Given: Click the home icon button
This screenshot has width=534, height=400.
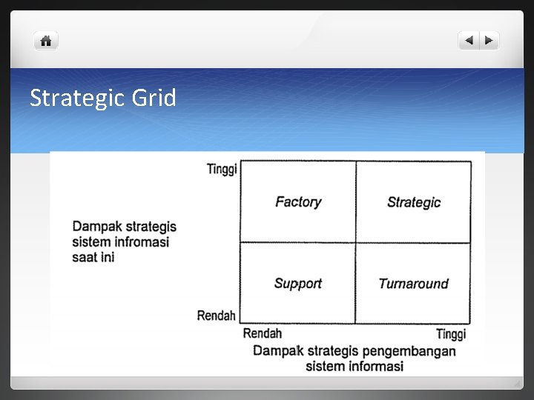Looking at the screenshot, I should tap(45, 41).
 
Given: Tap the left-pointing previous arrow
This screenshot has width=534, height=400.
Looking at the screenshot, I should tap(469, 41).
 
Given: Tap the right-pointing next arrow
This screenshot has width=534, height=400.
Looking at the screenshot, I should tap(489, 41).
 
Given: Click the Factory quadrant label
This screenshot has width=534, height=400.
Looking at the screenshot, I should tap(298, 201).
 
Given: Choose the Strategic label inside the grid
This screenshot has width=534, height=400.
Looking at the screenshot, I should tap(414, 202).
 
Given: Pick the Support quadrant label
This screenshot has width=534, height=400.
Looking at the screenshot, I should tap(298, 283).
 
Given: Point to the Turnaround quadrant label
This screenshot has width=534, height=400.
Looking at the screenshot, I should tap(414, 283).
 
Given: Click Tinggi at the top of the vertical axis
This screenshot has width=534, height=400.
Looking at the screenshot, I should tap(222, 170).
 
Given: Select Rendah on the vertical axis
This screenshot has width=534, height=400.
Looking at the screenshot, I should tap(216, 316).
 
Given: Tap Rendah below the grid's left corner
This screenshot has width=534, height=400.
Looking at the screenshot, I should tap(263, 334).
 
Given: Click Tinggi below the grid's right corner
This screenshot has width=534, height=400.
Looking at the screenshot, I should tap(451, 335).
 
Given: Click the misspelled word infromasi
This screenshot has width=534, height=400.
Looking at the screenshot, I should tap(140, 242).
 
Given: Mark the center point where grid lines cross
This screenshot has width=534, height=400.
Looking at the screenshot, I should tap(355, 242).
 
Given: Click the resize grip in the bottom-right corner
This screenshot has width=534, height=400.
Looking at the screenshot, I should tap(517, 383).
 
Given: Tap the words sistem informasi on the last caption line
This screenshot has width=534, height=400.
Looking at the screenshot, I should tap(355, 366).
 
